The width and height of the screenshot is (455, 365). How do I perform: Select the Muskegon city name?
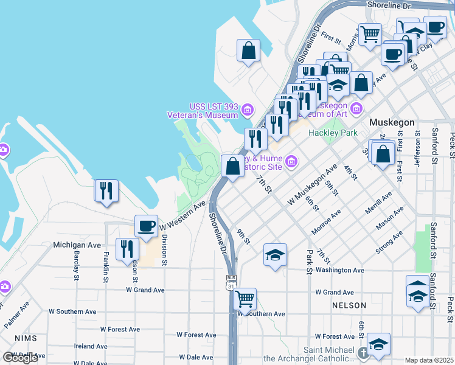point(392,122)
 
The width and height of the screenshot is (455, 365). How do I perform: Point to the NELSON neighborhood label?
point(349,305)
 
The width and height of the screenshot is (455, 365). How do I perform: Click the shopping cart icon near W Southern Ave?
point(245,299)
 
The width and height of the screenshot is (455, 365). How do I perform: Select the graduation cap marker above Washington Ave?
point(275,255)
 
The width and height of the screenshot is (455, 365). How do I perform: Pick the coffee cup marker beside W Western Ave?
point(146,226)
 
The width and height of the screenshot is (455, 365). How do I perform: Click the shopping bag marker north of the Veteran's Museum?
point(248,51)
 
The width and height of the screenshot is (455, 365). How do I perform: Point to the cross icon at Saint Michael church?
point(363,353)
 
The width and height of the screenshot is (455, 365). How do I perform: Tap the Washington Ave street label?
point(339,270)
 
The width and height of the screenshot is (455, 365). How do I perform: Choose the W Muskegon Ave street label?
point(313,184)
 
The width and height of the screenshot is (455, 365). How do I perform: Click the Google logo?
point(20,358)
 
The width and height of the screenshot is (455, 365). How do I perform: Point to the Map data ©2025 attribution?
point(429,360)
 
